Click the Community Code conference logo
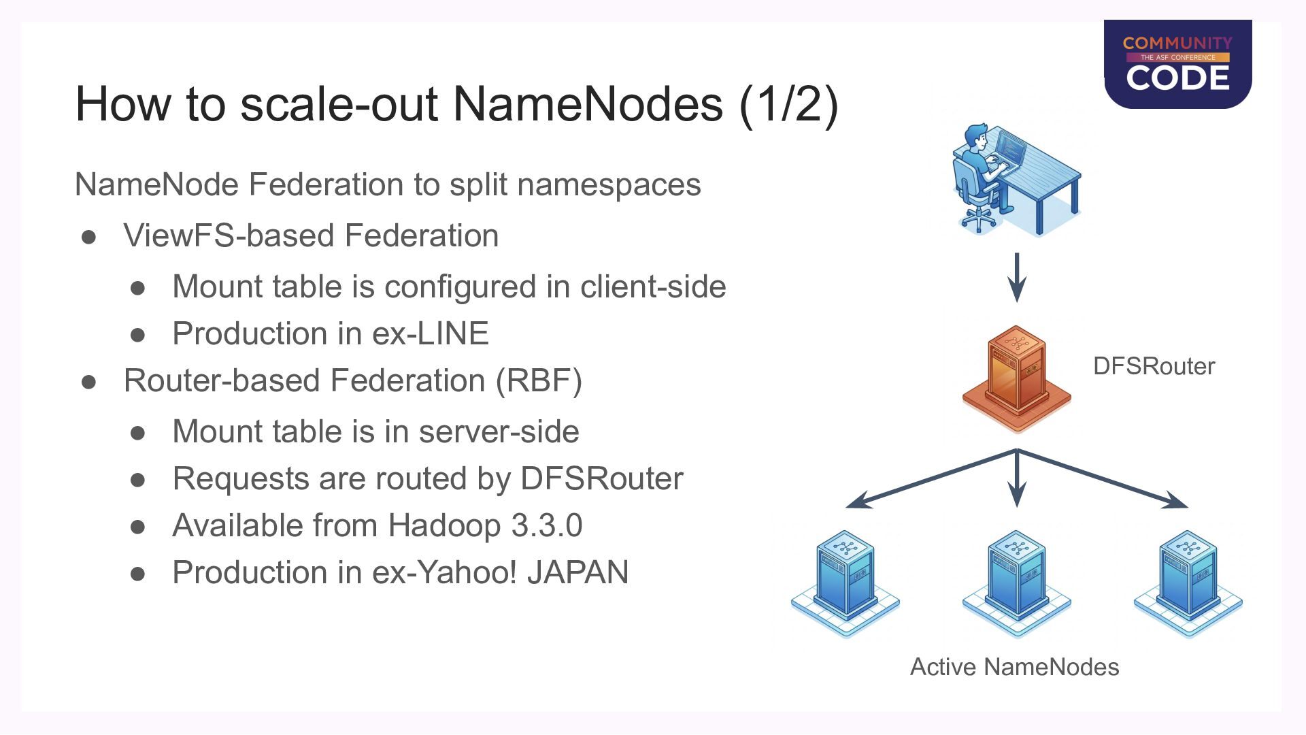(1177, 64)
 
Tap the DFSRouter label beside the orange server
(1154, 366)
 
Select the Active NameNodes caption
(1014, 667)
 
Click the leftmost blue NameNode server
(845, 584)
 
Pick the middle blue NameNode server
(1017, 584)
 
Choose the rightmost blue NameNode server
(1188, 584)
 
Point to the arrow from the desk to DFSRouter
(1017, 278)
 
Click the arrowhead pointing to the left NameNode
(858, 501)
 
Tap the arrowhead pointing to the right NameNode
(1175, 501)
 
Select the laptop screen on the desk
(1009, 148)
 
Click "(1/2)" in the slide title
(788, 104)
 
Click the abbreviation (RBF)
(539, 380)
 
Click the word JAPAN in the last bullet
(577, 572)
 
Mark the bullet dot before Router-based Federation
(88, 382)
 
